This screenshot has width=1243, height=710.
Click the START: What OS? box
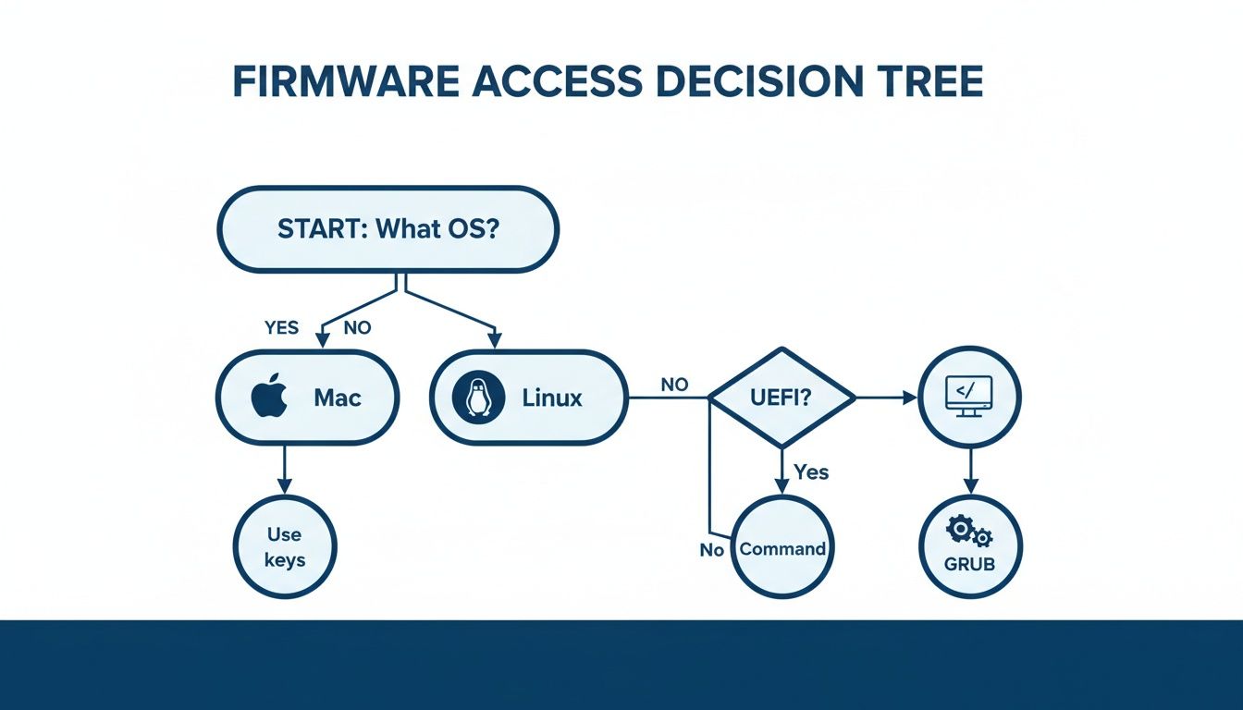pos(388,229)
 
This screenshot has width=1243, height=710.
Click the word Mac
pos(338,398)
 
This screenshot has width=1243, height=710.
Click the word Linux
pos(552,398)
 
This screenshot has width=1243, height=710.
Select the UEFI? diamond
pos(781,398)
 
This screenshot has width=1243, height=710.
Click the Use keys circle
pos(285,547)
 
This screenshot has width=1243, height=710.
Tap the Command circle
pos(782,547)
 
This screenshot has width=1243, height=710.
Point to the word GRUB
pos(970,563)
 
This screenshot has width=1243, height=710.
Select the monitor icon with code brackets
pos(968,397)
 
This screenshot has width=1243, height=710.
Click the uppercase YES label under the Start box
pos(282,327)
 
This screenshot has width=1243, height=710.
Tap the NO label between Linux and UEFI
pos(674,384)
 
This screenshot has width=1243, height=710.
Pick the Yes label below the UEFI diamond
pos(811,472)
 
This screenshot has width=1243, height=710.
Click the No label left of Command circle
pos(711,550)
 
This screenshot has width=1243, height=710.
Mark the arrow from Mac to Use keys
pos(285,470)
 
